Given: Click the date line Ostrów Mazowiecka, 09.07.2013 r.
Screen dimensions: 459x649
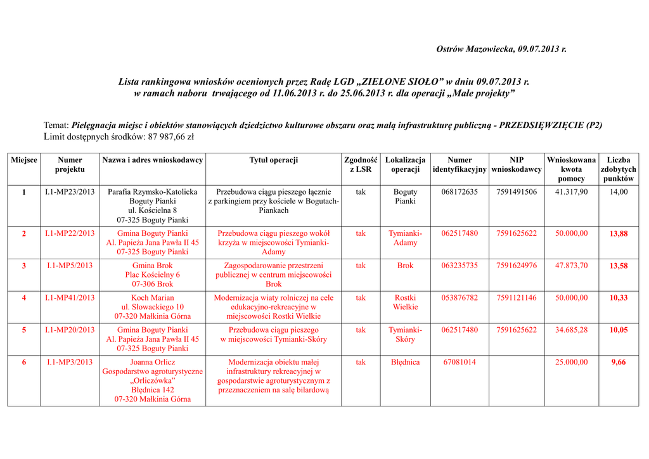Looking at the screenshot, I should pos(501,49).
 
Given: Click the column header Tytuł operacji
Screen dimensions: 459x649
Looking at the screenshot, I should pos(273,160).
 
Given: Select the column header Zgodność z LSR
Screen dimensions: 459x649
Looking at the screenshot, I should pos(361,165).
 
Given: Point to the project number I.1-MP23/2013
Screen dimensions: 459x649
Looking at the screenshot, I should pos(70,191).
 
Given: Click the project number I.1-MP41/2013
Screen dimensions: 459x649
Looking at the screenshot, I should pos(70,297).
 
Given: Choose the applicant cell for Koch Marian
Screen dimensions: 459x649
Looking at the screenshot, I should pos(152,307).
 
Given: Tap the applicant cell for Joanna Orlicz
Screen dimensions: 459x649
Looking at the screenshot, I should pos(152,380).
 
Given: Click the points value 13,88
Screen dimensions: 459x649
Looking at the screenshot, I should pos(619,234).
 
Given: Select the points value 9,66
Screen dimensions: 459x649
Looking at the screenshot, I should pos(619,363).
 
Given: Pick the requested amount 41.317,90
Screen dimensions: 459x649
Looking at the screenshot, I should pos(571,191).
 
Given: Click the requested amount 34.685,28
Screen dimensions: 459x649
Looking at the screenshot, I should pos(571,330).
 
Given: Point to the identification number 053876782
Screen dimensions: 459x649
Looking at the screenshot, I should pos(459,297).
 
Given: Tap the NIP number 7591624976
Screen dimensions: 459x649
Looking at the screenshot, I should pos(517,266).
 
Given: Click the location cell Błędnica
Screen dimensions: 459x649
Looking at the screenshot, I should pos(405,362).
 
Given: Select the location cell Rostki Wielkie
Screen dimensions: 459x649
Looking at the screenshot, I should pos(405,302).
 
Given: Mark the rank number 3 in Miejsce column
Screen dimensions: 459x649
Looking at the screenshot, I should pos(24,266).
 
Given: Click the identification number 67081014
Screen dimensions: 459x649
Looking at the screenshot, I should pos(459,362).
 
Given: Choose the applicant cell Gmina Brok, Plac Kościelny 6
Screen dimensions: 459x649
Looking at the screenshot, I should pos(152,275).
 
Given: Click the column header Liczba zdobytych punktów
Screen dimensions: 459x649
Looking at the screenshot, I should pos(619,169).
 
